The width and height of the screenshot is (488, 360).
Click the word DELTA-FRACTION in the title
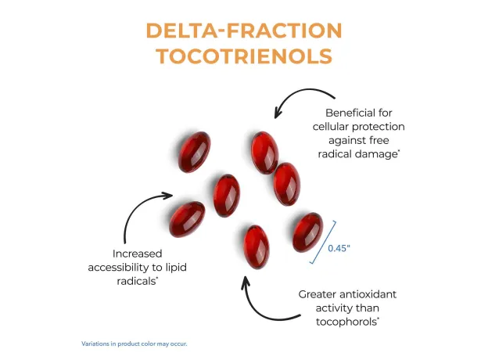tap(244, 31)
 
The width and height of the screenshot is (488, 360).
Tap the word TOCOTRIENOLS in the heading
tap(245, 56)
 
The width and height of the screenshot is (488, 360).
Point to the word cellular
tap(332, 127)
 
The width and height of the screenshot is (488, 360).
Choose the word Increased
tap(138, 254)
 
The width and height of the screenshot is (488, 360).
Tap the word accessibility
tap(118, 268)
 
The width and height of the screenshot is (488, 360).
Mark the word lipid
tap(176, 268)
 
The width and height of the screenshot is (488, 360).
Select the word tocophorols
tap(346, 322)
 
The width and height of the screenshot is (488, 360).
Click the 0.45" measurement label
tap(339, 248)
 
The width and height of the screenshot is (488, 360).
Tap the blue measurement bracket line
tap(323, 243)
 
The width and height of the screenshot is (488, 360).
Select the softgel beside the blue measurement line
tap(307, 232)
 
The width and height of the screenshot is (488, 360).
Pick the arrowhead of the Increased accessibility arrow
tap(167, 196)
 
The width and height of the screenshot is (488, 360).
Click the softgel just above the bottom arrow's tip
tap(257, 247)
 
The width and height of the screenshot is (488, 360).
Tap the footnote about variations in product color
tap(135, 344)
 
